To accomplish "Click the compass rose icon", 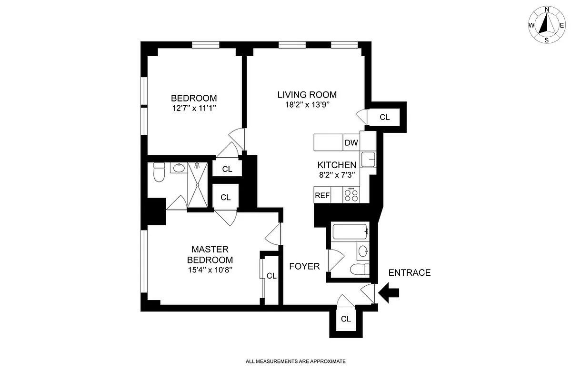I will tap(547, 25).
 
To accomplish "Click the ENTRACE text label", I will tap(410, 273).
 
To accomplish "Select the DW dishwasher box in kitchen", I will tap(351, 142).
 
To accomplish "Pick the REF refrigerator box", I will tap(322, 195).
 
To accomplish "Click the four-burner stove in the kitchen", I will tap(352, 194).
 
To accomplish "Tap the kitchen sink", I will tap(368, 159).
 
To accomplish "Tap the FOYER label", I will tap(304, 267).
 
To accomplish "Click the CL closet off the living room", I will tap(385, 117).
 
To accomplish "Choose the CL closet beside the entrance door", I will tap(346, 319).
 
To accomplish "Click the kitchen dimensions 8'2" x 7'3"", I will tap(337, 175).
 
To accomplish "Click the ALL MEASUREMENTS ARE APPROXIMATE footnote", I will tap(295, 361).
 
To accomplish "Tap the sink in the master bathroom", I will tap(179, 168).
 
